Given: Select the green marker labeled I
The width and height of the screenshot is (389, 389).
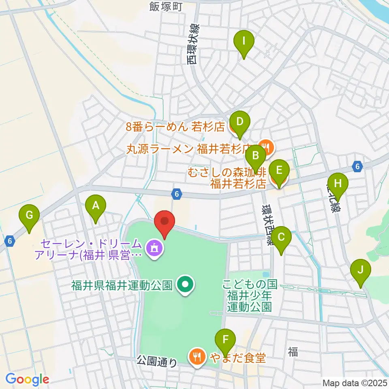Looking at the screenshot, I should [244, 41].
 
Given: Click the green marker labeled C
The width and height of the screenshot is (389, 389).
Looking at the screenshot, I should [282, 237].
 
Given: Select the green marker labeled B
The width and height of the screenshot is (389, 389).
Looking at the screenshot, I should [256, 155].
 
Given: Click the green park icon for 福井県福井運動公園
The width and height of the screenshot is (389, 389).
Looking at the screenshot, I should [186, 285].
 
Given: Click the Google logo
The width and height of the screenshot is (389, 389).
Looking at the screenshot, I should [27, 379].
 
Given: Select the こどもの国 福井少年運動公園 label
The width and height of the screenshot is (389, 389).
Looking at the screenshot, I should [249, 296].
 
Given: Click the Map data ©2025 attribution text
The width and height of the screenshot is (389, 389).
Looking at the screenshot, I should [354, 383].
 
